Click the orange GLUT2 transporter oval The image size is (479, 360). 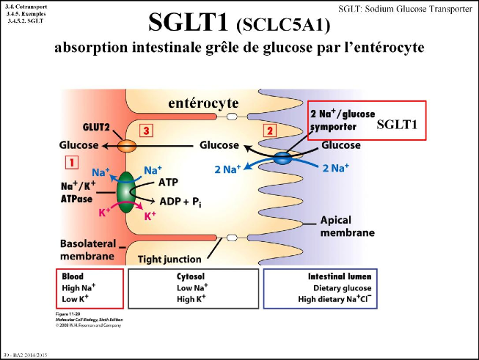pyautogui.click(x=128, y=146)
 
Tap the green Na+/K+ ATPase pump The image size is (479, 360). pyautogui.click(x=126, y=193)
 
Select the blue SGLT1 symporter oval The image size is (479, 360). pyautogui.click(x=283, y=157)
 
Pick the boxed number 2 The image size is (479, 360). pyautogui.click(x=269, y=131)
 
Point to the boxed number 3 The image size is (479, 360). pyautogui.click(x=147, y=131)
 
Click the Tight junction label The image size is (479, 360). pyautogui.click(x=170, y=259)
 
